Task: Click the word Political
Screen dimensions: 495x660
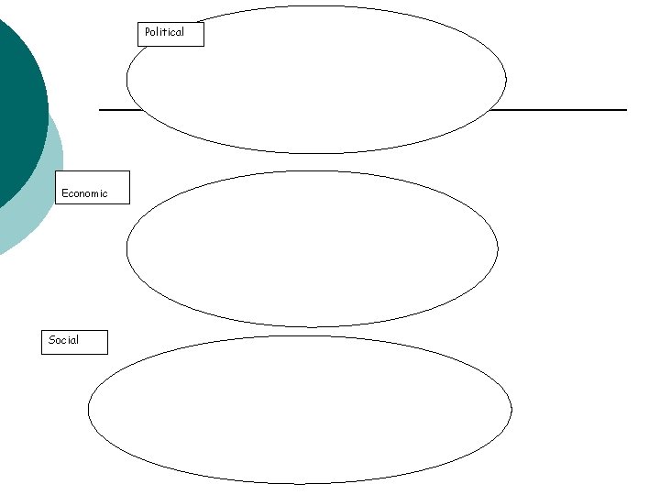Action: click(164, 32)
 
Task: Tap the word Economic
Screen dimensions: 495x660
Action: click(84, 193)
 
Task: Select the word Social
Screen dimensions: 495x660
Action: click(63, 340)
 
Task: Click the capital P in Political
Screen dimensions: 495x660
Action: click(148, 32)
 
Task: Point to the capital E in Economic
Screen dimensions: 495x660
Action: click(64, 193)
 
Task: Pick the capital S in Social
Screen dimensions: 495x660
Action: click(51, 340)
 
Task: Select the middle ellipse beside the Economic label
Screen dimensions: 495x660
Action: click(312, 248)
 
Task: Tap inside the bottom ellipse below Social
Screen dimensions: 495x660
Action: click(300, 409)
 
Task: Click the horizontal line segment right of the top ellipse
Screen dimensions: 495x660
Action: click(559, 110)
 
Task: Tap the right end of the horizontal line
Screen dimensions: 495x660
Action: click(625, 110)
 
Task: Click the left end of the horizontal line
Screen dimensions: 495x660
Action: click(100, 110)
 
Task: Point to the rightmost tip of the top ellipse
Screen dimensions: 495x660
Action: click(506, 80)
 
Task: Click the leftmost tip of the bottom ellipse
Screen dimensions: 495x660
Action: click(88, 409)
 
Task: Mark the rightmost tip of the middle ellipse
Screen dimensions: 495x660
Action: click(498, 248)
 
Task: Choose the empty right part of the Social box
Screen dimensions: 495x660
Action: click(93, 342)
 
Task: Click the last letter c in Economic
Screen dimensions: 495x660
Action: click(104, 193)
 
